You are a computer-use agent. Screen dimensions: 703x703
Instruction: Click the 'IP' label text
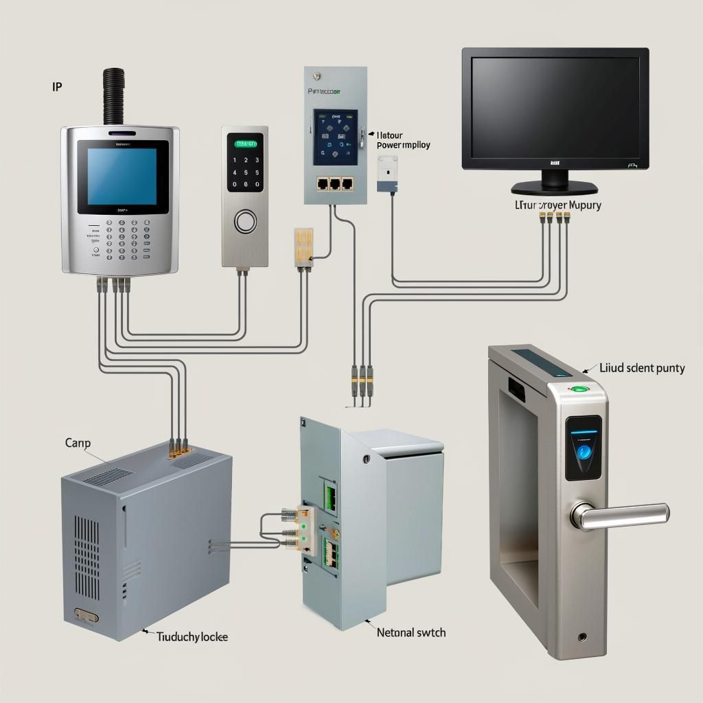point(58,88)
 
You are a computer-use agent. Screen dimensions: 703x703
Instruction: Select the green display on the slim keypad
point(246,144)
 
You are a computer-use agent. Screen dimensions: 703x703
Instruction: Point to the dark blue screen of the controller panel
point(336,137)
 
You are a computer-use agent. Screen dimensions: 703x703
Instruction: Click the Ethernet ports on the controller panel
point(335,183)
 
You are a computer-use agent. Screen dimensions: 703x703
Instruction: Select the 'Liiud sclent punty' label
point(641,369)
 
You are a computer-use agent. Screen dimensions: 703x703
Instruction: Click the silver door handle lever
point(621,516)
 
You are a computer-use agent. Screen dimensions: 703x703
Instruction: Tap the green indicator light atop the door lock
point(580,389)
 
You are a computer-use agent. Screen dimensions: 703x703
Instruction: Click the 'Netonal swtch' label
point(411,632)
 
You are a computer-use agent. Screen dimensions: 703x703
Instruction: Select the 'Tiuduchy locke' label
point(192,637)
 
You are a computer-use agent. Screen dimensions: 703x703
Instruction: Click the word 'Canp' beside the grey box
point(78,443)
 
